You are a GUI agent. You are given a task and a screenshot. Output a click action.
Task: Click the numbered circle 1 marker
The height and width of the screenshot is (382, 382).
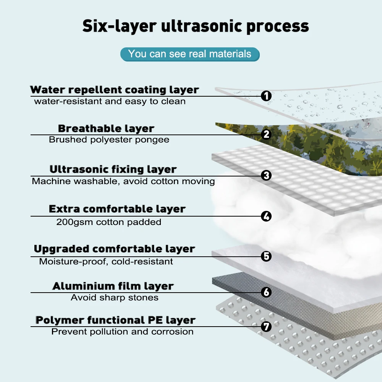(x=266, y=96)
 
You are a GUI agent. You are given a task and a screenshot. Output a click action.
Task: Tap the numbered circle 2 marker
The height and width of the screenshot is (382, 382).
(x=266, y=134)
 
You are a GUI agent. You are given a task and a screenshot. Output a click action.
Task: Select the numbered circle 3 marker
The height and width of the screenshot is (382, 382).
(x=266, y=176)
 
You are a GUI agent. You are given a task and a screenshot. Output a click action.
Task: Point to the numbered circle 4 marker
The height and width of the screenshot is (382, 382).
(x=266, y=216)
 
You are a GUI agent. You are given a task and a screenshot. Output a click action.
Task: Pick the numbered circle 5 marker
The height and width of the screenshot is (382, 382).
(x=266, y=256)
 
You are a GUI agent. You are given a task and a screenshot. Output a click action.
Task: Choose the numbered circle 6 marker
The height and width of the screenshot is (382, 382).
(x=266, y=292)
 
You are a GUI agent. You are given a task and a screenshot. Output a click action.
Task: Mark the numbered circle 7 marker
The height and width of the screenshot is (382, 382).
(x=266, y=327)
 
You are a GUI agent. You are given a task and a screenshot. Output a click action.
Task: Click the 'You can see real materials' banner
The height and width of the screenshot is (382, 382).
(x=190, y=54)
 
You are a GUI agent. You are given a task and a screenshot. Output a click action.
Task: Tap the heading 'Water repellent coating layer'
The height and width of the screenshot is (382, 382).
(x=115, y=90)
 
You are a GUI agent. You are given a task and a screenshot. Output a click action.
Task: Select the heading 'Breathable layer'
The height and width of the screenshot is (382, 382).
(x=106, y=128)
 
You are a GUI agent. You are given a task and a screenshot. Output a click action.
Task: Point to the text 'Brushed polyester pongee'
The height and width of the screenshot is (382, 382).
(x=109, y=140)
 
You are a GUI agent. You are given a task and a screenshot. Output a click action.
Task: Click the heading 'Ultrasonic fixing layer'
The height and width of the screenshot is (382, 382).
(x=113, y=169)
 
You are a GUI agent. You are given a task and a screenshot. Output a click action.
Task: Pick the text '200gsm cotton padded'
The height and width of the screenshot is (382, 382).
(x=109, y=222)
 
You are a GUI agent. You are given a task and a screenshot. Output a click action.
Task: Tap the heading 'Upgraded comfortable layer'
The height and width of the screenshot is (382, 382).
(x=115, y=249)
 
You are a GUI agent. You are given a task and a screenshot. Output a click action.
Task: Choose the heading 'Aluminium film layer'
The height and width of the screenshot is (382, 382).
(x=113, y=286)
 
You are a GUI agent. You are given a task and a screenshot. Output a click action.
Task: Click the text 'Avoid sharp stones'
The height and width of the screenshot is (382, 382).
(x=115, y=298)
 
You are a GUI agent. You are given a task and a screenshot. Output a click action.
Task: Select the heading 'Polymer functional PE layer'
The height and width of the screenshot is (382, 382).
(x=115, y=320)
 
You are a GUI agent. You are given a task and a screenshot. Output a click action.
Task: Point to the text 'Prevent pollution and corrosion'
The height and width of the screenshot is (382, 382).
(x=122, y=332)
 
